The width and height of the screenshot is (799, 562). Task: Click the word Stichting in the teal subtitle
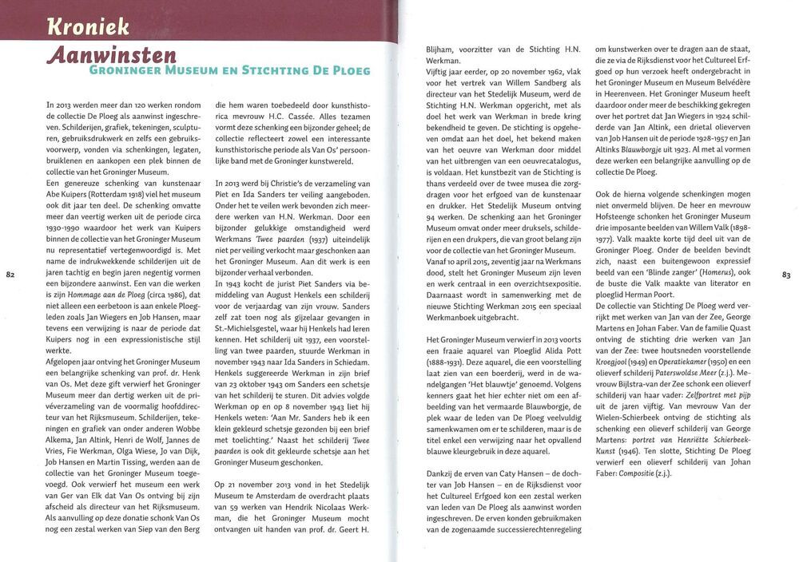click(289, 72)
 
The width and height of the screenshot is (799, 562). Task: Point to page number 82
click(11, 275)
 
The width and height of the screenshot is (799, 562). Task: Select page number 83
click(785, 275)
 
